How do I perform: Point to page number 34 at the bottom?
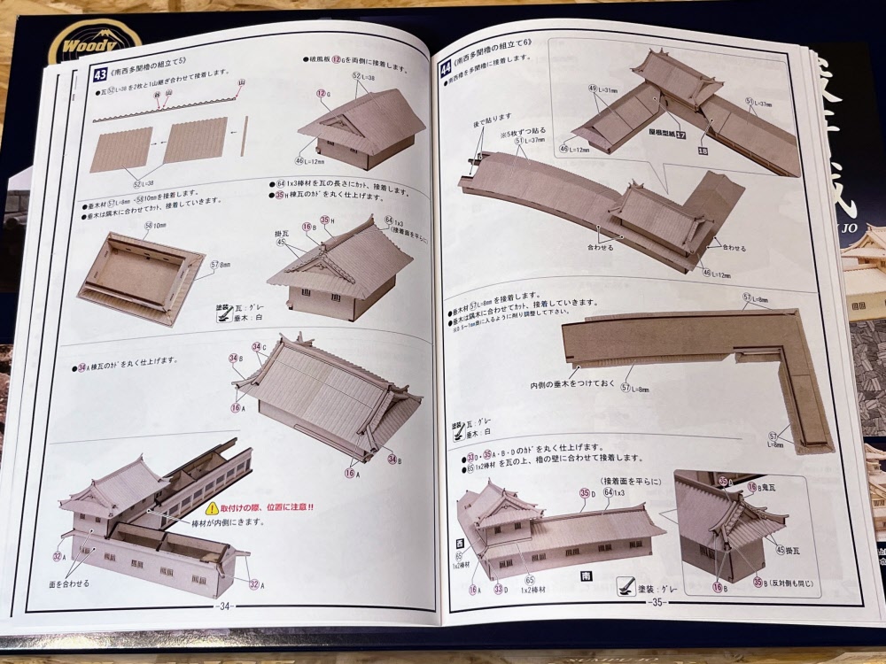224,606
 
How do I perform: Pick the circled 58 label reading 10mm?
152,226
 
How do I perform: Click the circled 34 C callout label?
259,347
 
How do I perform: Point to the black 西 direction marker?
459,543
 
